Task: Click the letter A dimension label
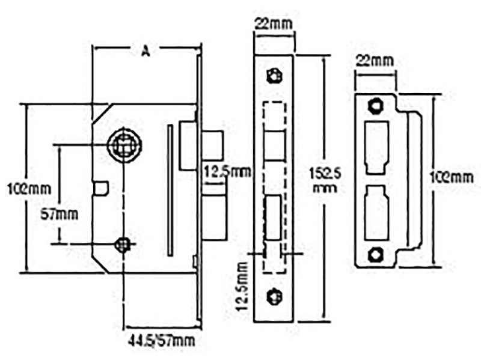[x=145, y=52]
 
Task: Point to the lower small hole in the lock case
[x=123, y=243]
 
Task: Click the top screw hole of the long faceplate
[x=274, y=74]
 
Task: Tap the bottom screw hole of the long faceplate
[x=274, y=296]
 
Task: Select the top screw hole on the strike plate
[x=375, y=106]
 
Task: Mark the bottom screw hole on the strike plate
[x=375, y=254]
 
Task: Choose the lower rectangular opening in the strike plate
[x=376, y=212]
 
